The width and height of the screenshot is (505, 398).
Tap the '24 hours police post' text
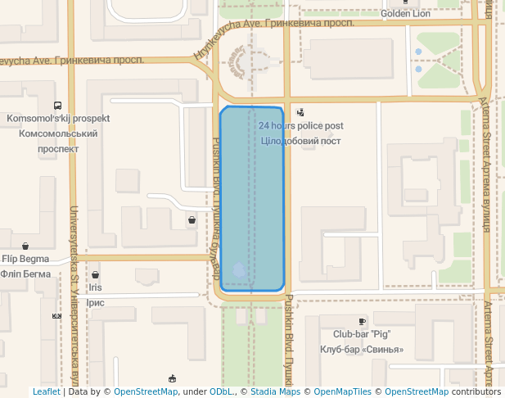[300, 126]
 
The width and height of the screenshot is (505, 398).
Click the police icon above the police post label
[300, 112]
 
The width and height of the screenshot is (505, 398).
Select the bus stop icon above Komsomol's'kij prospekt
[57, 106]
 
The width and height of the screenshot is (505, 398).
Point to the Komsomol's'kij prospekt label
[57, 119]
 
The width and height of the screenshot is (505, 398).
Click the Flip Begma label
[25, 259]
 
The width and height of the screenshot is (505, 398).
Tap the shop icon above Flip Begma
[25, 246]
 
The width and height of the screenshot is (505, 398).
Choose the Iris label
[96, 287]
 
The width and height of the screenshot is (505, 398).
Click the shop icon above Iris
[96, 275]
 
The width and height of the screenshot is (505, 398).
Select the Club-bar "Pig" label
[361, 334]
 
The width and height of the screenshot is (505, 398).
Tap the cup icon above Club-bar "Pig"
[362, 322]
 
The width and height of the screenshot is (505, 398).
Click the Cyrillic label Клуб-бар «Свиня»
[361, 350]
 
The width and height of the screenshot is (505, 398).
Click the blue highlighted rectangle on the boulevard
[251, 198]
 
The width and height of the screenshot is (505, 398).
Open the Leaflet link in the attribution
[46, 392]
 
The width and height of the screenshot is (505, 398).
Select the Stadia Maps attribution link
[275, 392]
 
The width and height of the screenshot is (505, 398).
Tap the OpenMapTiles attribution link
[339, 392]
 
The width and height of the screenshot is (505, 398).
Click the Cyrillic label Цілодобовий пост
[300, 141]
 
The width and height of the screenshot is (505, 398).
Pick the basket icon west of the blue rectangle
[192, 219]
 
